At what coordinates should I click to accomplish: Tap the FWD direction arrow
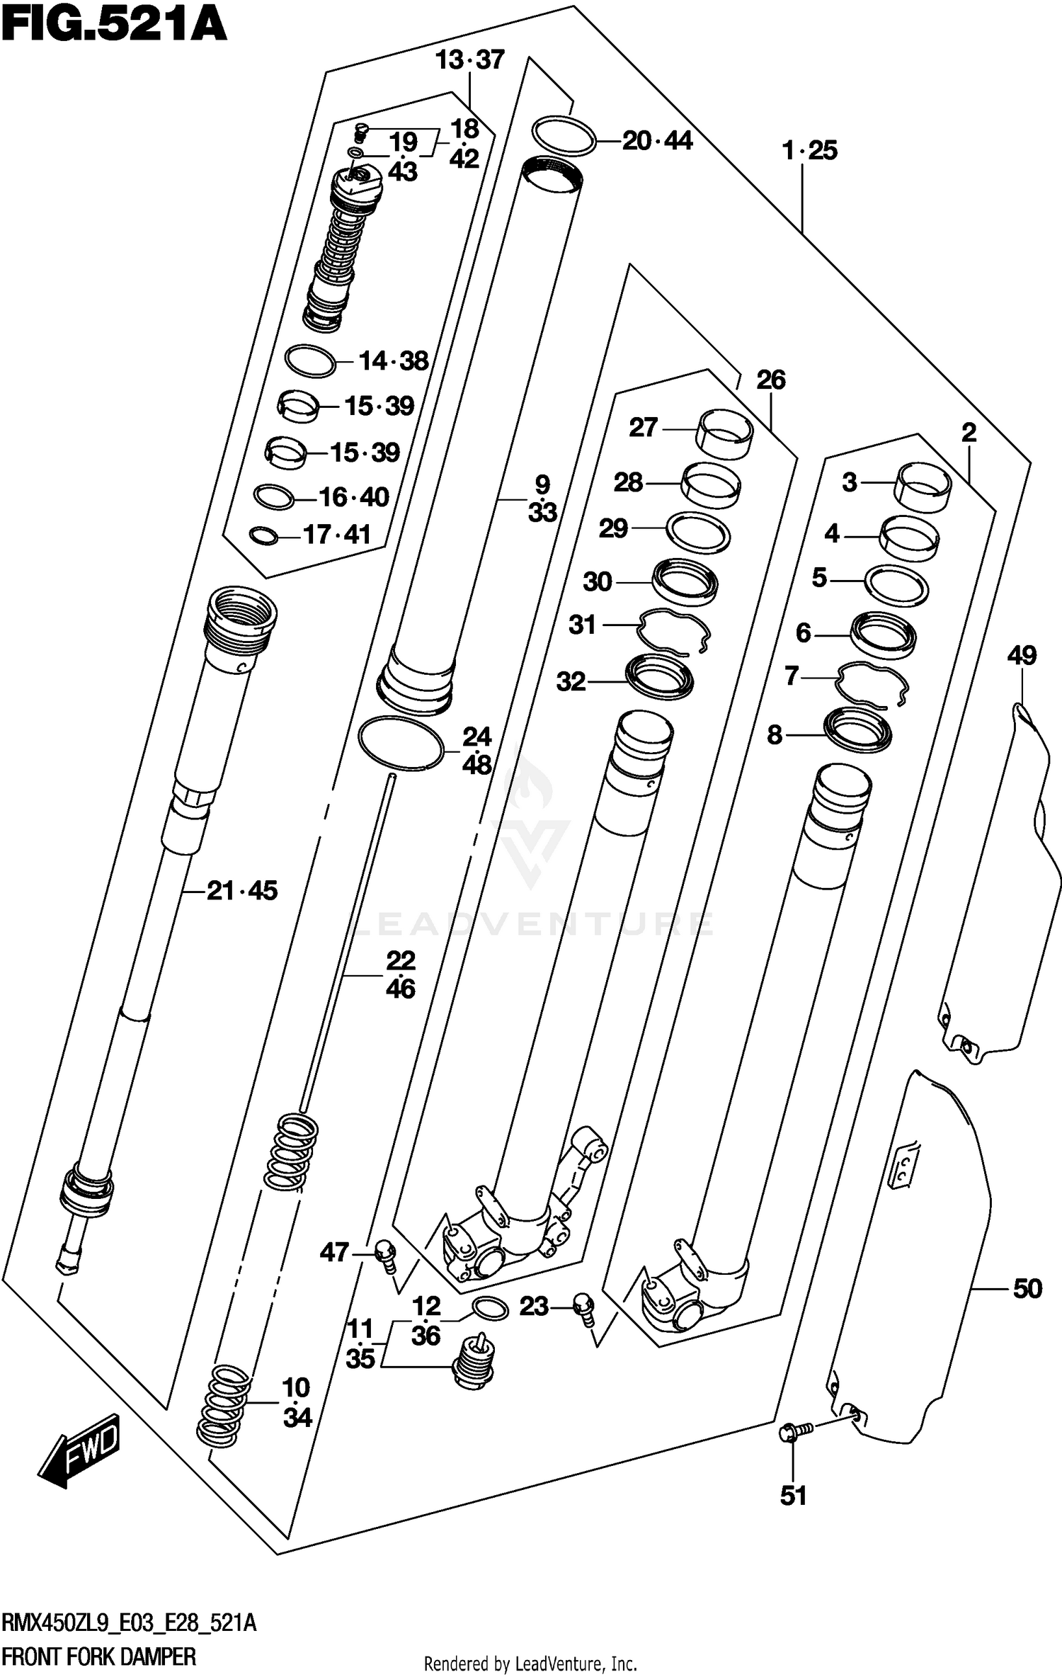(79, 1449)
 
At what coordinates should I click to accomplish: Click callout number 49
(1022, 655)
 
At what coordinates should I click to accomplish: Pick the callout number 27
(643, 427)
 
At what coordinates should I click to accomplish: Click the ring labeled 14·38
(310, 361)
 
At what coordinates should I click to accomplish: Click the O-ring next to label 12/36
(489, 1309)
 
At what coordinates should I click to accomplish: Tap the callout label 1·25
(809, 150)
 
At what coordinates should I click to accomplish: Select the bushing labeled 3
(924, 486)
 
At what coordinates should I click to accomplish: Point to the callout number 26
(770, 380)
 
